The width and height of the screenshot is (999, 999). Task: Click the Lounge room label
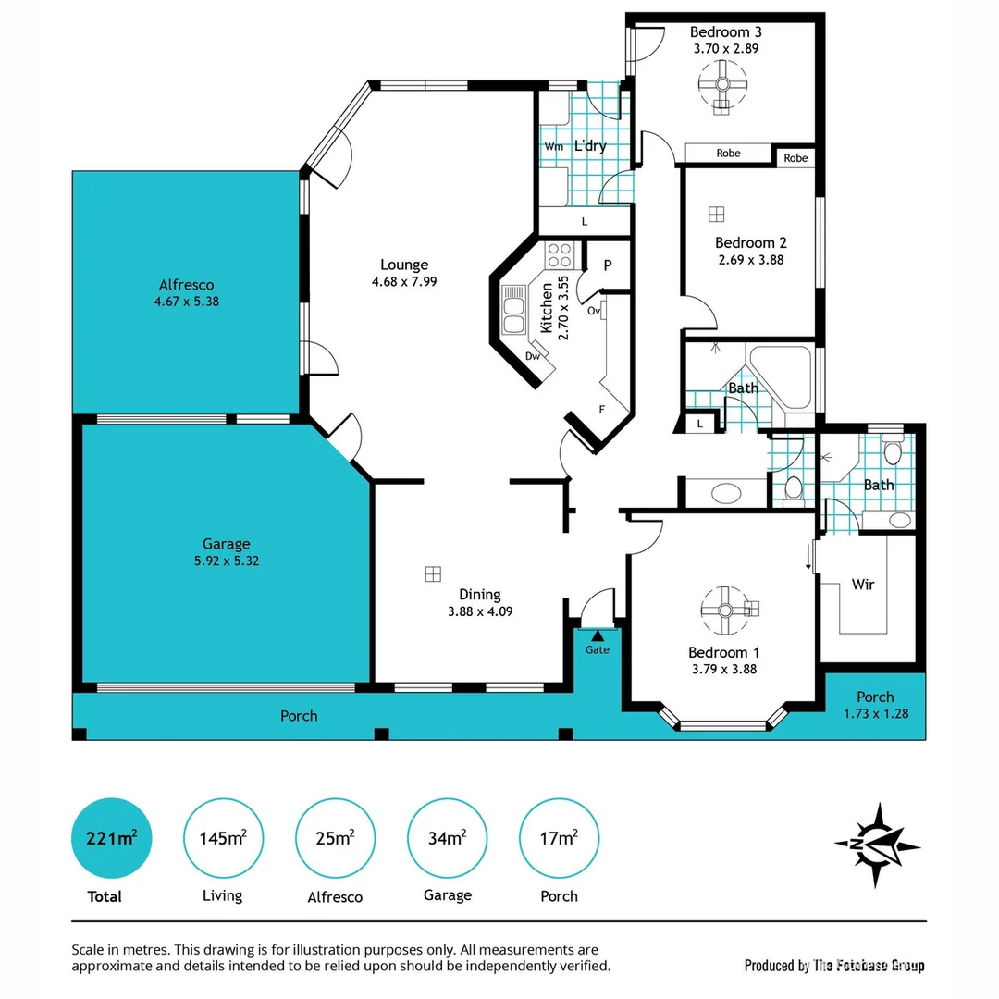[404, 265]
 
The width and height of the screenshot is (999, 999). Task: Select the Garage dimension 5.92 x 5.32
[227, 561]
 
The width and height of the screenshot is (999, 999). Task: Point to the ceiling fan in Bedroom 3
[722, 89]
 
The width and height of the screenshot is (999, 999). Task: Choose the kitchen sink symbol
[512, 310]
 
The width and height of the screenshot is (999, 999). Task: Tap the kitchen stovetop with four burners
[560, 254]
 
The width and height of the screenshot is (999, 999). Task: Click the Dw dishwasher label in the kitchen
[532, 355]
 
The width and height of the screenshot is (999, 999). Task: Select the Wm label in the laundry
[553, 147]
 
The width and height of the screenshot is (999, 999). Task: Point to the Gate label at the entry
[598, 650]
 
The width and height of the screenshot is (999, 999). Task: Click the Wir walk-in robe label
[863, 585]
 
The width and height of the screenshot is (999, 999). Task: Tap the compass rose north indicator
[877, 844]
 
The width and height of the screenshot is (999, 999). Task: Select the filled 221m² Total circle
[111, 839]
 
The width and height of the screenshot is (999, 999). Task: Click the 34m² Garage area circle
[447, 839]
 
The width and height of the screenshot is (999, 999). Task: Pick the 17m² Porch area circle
[559, 839]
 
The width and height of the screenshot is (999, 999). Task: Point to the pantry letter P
[608, 265]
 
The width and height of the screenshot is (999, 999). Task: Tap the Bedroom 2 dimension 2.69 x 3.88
[750, 260]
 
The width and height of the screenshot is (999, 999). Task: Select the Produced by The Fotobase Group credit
[834, 966]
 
